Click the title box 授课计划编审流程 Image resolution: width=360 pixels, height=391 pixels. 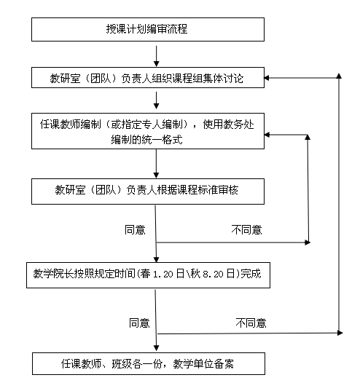[x=148, y=29]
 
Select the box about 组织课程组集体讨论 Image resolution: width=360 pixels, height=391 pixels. [x=148, y=78]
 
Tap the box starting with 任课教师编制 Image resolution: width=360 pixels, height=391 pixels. [x=148, y=131]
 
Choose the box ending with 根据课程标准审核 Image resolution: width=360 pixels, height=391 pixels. [x=148, y=191]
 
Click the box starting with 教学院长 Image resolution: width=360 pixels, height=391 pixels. [x=148, y=275]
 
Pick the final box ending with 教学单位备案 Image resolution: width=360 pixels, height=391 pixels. [x=149, y=363]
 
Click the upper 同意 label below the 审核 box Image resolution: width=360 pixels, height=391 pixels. [x=135, y=229]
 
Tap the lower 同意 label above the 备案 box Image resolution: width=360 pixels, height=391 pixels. [x=139, y=323]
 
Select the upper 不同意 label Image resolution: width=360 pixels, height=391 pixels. [x=246, y=229]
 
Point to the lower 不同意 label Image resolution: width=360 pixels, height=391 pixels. [x=251, y=323]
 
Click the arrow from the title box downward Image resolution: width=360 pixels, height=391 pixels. [x=156, y=56]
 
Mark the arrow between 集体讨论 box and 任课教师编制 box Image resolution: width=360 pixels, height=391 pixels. [x=156, y=100]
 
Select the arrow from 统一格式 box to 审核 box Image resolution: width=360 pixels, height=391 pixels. [x=156, y=164]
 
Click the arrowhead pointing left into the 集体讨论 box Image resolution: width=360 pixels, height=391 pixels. [x=267, y=78]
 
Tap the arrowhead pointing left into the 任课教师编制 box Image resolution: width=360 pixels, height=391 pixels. [x=267, y=135]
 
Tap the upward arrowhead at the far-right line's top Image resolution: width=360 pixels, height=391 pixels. [x=339, y=76]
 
